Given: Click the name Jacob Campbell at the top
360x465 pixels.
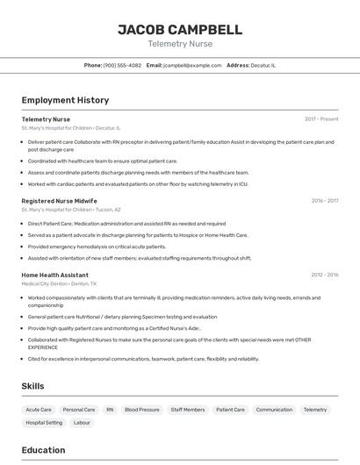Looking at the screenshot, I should [x=180, y=30].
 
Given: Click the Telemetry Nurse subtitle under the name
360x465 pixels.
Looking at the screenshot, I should [x=180, y=44].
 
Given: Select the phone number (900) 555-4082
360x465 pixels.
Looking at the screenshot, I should [x=122, y=65].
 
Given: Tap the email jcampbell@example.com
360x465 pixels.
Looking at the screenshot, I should [x=194, y=65].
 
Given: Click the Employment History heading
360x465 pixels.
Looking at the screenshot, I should [x=65, y=100].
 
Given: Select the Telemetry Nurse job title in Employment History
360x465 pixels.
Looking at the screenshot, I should [x=46, y=118].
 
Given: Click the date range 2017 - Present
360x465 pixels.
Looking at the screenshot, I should [x=321, y=118].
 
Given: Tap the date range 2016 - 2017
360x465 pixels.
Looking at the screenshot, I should [x=324, y=201].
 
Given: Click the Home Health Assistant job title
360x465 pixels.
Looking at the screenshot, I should [x=55, y=275].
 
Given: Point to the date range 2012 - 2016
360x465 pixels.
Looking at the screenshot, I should [x=324, y=275].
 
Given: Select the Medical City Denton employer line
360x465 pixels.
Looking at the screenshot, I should [x=59, y=284].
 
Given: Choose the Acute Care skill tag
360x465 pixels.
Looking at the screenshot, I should [x=39, y=410].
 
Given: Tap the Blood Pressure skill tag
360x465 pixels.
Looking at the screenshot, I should [x=142, y=410].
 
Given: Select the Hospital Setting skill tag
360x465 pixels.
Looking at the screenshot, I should [x=44, y=423].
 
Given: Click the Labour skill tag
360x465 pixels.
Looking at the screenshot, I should [x=82, y=423].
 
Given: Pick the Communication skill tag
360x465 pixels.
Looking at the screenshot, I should [x=274, y=410].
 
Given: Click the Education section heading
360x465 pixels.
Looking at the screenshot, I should [x=43, y=450].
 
